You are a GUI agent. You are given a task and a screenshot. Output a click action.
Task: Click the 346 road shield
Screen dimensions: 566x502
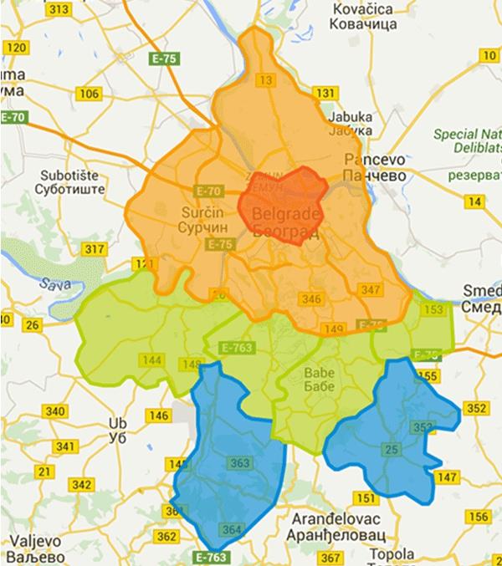[x=312, y=298]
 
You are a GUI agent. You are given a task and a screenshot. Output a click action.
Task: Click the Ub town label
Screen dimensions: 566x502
[x=117, y=431]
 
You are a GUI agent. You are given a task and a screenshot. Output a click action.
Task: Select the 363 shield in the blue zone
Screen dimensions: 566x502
[x=239, y=462]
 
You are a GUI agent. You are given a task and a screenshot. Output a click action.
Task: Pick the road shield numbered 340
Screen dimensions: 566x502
[x=57, y=411]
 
